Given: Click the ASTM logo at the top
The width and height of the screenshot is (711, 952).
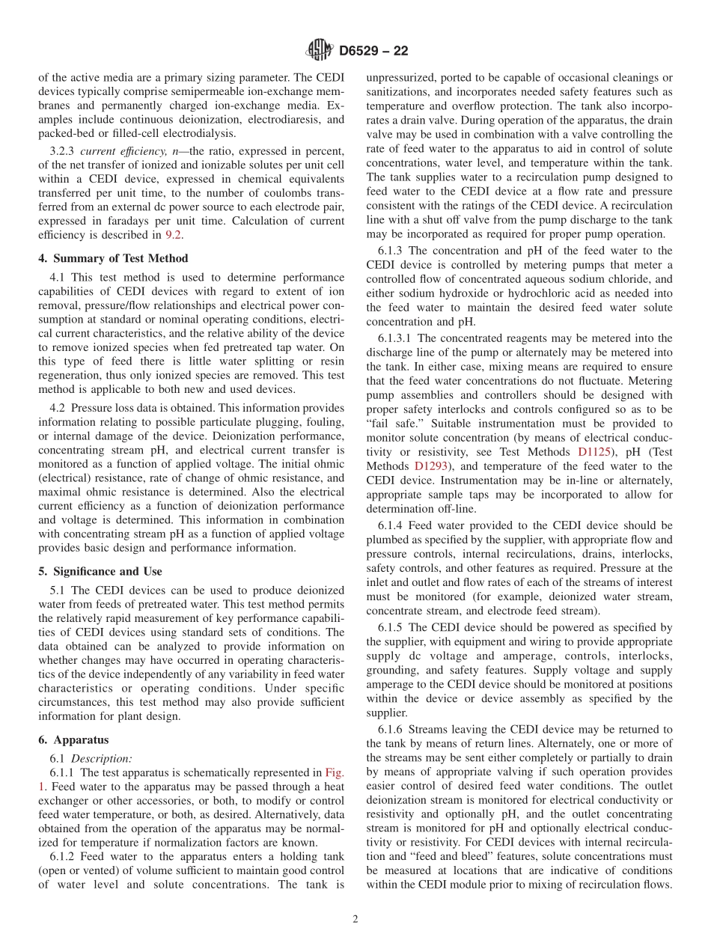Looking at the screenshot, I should coord(320,51).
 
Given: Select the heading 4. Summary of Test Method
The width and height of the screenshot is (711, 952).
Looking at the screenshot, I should coord(109,258).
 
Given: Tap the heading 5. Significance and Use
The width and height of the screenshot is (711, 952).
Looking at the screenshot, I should coord(100,571).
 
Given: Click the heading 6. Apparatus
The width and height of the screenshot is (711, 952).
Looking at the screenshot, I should coord(73,740).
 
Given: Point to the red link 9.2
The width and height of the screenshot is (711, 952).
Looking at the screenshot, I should coord(174,234).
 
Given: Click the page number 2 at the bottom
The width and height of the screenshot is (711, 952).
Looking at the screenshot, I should coord(355,920).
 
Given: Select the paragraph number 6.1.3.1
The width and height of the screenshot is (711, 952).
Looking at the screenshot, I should coord(397,338).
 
